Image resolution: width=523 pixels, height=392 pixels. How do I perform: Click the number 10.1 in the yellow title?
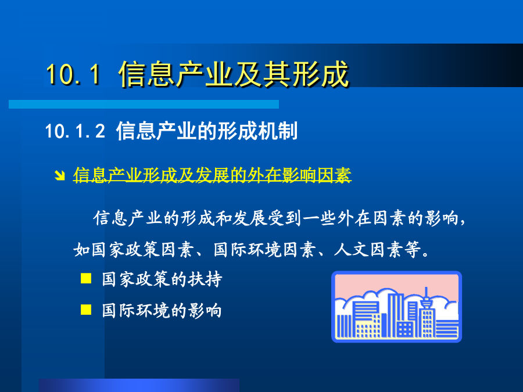click(73, 74)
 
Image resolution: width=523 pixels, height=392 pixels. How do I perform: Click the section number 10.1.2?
click(75, 131)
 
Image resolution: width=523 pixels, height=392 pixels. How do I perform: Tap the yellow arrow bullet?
click(60, 175)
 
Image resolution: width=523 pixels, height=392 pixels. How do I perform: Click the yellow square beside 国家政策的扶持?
click(86, 278)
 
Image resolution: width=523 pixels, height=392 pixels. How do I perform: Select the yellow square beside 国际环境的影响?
click(86, 310)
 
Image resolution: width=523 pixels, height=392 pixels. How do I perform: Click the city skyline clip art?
click(396, 307)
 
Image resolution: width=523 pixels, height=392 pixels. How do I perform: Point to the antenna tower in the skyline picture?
click(426, 299)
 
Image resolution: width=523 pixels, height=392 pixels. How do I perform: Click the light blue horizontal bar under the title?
click(144, 104)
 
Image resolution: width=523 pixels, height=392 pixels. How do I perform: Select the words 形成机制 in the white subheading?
click(257, 131)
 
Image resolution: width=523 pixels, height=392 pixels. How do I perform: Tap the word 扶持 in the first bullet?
click(205, 279)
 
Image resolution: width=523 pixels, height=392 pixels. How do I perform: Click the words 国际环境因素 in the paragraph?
click(265, 250)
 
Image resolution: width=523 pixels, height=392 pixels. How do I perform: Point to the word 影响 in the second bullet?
click(205, 310)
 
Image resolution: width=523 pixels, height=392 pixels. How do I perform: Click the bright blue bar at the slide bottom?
click(139, 386)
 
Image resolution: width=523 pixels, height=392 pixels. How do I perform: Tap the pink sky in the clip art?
click(396, 283)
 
